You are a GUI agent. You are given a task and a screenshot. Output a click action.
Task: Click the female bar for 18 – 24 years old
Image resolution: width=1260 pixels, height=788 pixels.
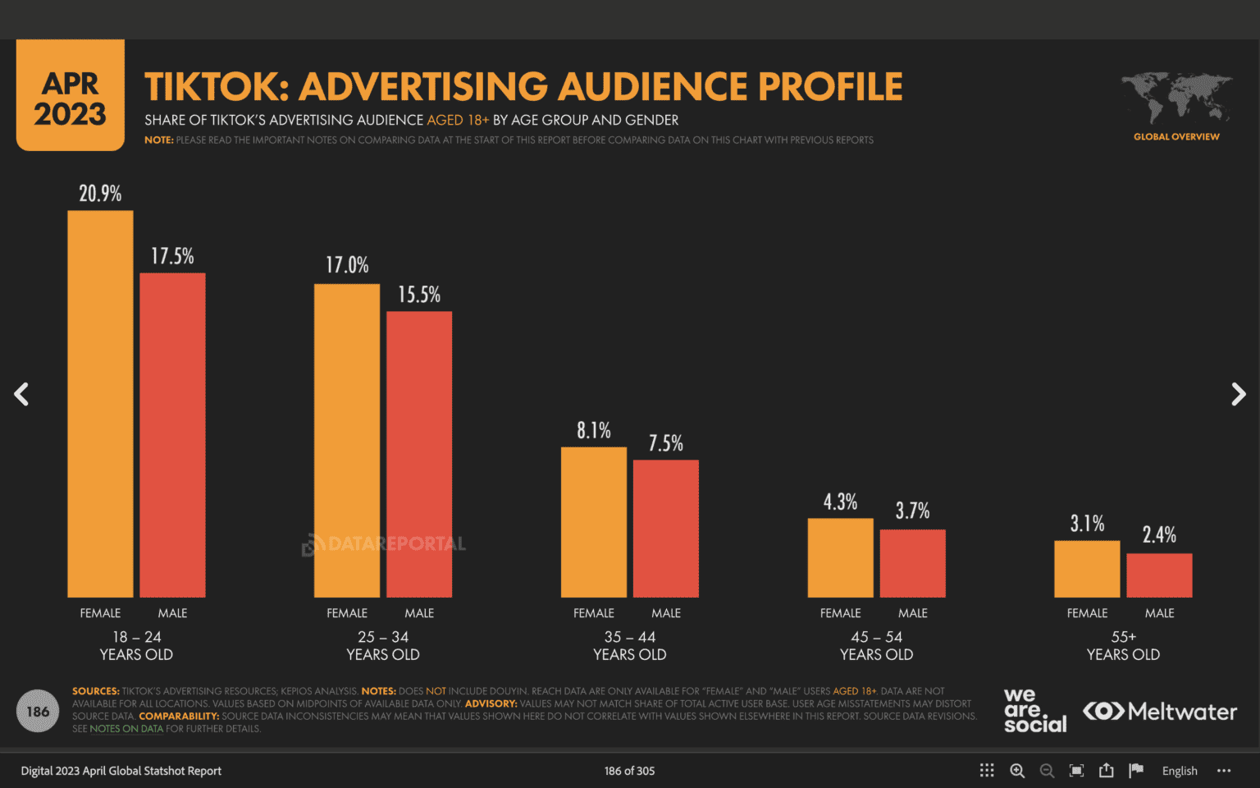[100, 404]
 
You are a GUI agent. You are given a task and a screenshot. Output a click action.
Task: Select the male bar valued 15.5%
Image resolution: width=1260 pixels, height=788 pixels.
[419, 454]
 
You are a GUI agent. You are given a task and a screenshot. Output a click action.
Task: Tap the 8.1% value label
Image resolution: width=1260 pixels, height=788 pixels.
[594, 430]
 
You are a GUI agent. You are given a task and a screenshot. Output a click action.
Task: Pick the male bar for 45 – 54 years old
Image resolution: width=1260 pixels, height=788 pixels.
[912, 563]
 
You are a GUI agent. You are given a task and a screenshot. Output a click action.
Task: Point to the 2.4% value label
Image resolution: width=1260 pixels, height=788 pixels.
[1159, 535]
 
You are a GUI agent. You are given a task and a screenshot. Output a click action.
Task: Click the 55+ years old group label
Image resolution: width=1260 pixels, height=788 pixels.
[1123, 646]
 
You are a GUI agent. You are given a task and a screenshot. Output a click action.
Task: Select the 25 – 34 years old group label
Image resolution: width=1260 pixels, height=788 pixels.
[383, 646]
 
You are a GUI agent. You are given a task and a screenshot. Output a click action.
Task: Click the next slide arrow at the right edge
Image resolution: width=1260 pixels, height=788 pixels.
[1238, 395]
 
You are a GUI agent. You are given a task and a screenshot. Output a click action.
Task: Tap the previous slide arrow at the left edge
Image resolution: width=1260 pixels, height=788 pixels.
[22, 395]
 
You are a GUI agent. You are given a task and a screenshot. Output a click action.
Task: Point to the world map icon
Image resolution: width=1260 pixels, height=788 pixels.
[1176, 98]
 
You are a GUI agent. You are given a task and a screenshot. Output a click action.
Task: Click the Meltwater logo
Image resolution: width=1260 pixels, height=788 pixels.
[1160, 712]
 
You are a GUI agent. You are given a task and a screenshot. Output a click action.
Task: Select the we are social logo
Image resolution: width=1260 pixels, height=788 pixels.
[1034, 711]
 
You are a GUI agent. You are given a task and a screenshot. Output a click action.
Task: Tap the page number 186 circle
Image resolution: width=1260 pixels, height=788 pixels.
[38, 712]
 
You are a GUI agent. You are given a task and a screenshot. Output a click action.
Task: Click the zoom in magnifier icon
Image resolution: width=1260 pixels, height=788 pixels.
[1017, 771]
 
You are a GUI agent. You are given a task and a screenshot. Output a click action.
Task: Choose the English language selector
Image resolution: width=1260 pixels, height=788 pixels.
[1180, 771]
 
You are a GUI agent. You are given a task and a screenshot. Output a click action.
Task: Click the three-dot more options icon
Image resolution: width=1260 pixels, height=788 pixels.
[1224, 771]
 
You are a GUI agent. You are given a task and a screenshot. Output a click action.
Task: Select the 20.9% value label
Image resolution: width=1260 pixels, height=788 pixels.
[100, 194]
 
